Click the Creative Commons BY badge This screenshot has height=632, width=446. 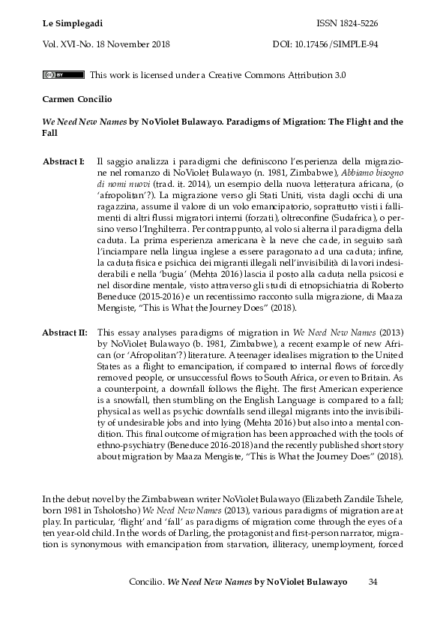tap(63, 75)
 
